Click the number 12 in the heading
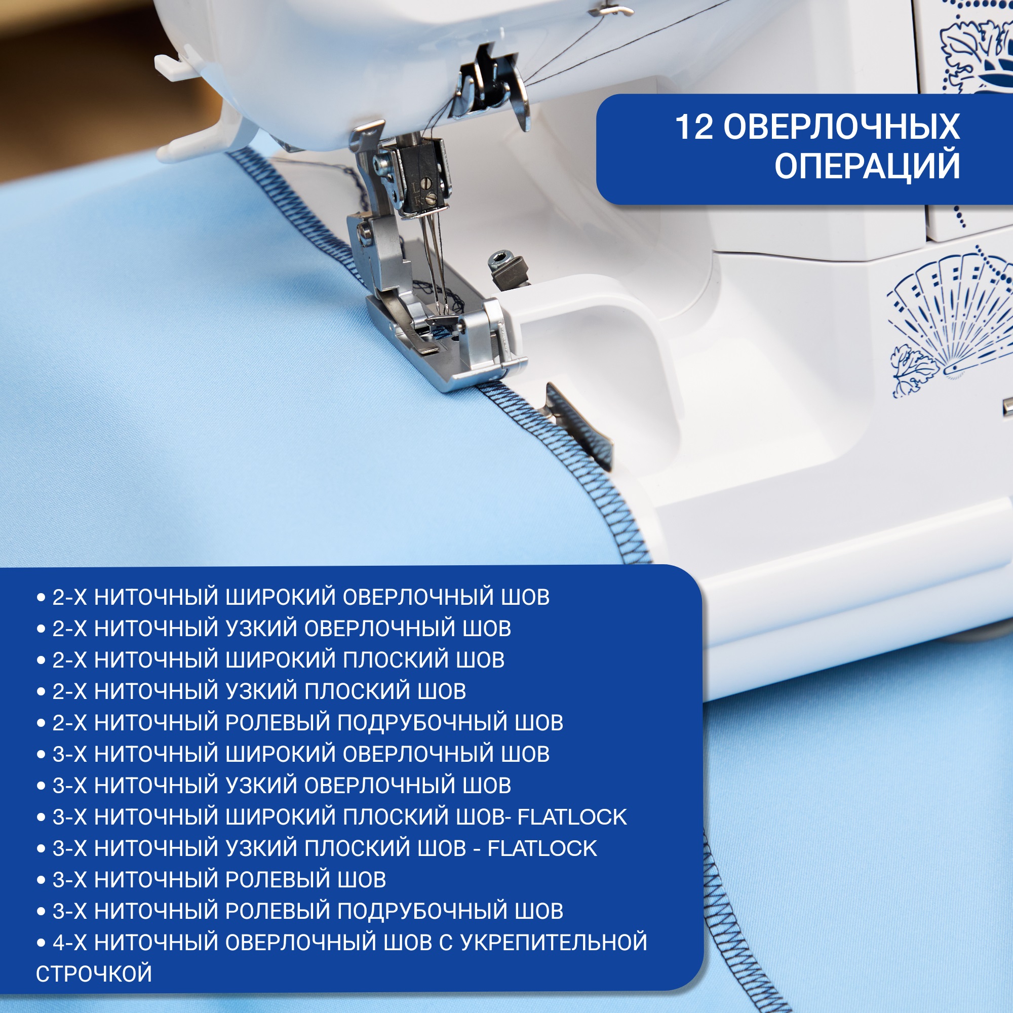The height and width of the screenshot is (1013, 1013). coord(694,127)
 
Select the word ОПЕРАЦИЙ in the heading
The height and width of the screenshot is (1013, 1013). coord(867,166)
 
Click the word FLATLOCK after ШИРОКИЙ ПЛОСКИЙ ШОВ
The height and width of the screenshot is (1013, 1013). coord(572,817)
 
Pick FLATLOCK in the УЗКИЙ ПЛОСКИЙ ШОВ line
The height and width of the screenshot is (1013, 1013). coord(542,848)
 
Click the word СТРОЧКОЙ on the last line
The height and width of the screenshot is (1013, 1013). coord(94,973)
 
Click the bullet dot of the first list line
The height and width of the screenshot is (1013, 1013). coord(41,598)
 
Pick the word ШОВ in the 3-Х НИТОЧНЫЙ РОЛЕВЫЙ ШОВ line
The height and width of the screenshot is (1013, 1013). coord(362,880)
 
